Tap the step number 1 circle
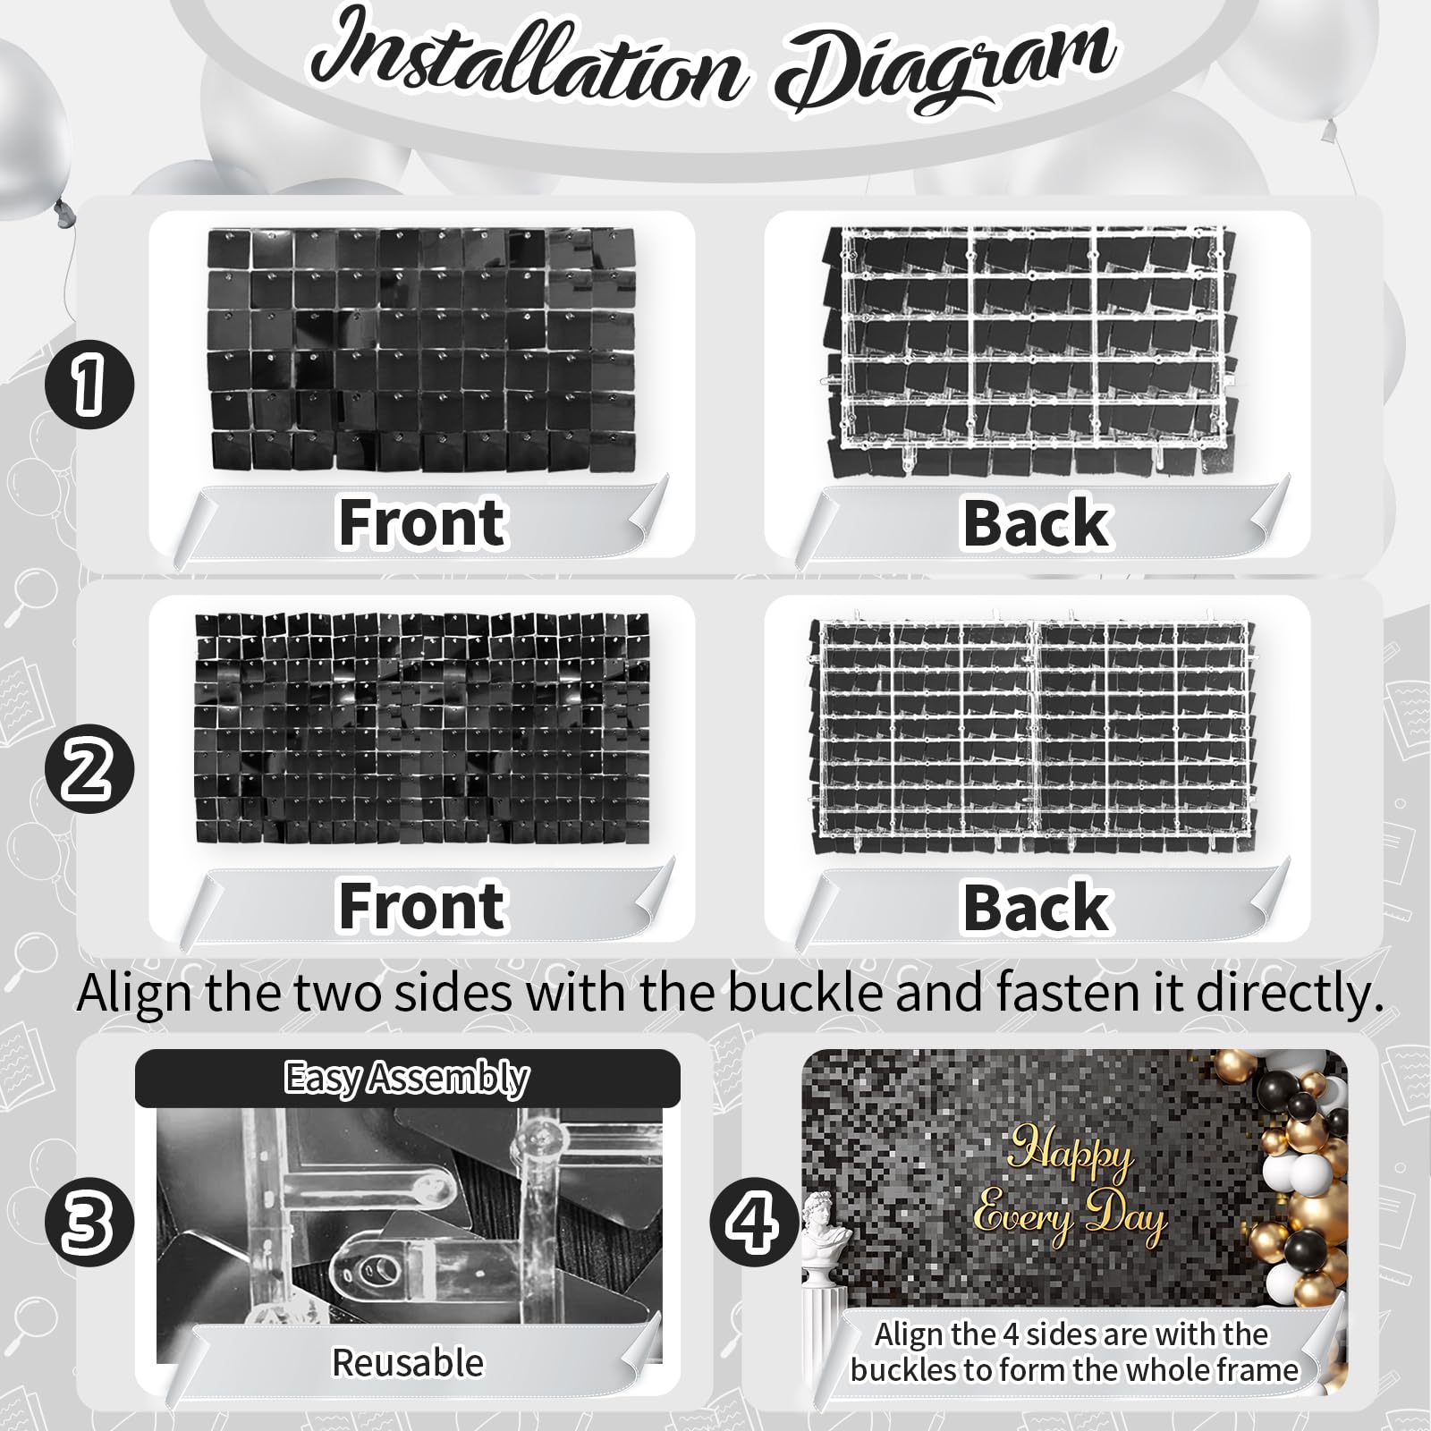pos(89,385)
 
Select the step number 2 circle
pos(89,769)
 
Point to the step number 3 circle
pos(89,1223)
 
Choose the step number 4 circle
pos(754,1223)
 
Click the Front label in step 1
pos(421,522)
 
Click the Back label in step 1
pos(1036,523)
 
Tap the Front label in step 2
pos(421,906)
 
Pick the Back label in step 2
pos(1036,907)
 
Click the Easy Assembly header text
pos(407,1079)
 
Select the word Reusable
pos(408,1363)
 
